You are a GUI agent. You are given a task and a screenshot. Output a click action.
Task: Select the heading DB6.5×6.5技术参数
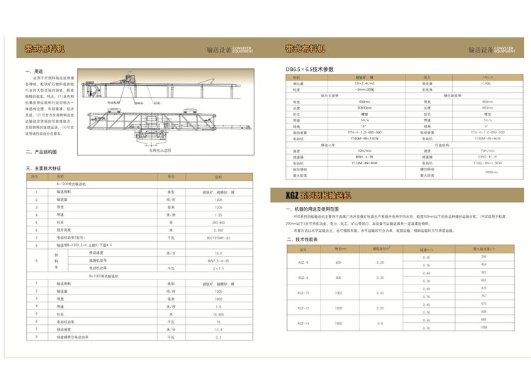(x=309, y=69)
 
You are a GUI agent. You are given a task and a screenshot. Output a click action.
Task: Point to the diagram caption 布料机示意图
(x=160, y=150)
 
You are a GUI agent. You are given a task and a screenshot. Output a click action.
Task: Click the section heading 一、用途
(x=34, y=72)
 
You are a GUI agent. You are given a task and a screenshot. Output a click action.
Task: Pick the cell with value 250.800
(x=218, y=222)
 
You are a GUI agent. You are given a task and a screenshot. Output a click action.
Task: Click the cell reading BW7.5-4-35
(x=218, y=261)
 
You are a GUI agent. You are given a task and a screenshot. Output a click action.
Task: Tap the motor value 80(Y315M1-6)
(x=218, y=238)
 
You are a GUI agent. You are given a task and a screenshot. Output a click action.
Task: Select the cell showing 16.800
(x=218, y=313)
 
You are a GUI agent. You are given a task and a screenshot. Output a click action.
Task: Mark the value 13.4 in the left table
(x=218, y=329)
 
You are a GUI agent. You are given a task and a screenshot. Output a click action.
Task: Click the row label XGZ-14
(x=303, y=324)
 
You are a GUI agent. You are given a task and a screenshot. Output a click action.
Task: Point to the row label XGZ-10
(x=303, y=292)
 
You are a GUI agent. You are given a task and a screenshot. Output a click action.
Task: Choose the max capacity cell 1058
(x=484, y=328)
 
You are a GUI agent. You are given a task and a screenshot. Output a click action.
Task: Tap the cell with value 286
(x=484, y=257)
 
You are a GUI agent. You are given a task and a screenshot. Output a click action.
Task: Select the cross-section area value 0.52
(x=381, y=308)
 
